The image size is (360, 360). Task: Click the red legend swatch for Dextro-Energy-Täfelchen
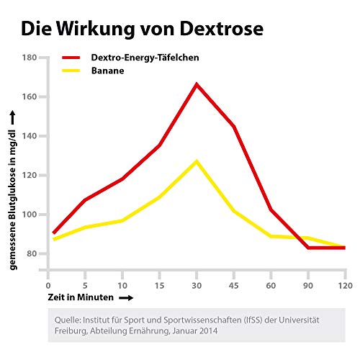point(74,58)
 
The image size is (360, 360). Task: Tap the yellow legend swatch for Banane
point(74,71)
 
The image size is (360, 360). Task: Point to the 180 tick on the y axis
point(30,58)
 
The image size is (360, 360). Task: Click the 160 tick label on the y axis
point(30,96)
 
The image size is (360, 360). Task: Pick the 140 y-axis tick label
point(30,136)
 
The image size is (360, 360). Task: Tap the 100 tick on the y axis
point(30,215)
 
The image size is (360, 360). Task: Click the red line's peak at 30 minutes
point(197,84)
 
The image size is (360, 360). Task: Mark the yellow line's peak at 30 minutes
point(197,161)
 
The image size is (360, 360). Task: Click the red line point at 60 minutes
point(271,210)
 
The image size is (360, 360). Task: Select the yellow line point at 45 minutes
point(234,211)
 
